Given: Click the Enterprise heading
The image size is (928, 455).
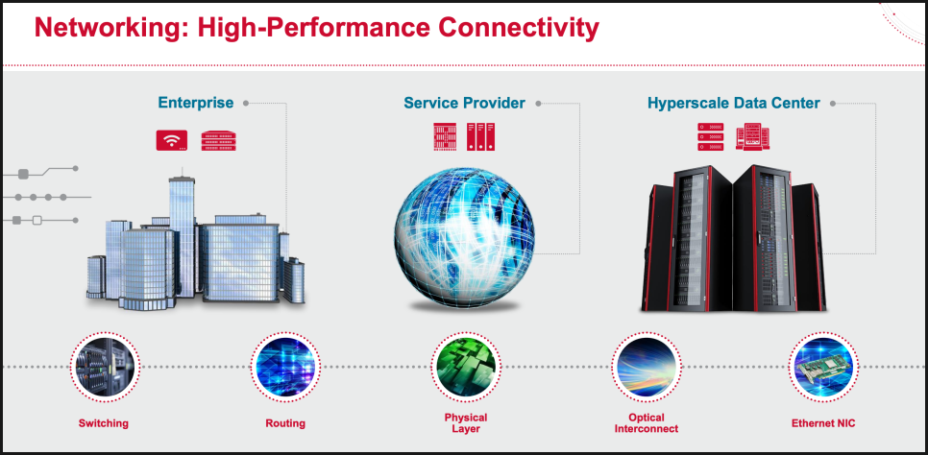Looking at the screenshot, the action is coord(195,103).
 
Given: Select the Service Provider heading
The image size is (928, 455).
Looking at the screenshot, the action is coord(464,103).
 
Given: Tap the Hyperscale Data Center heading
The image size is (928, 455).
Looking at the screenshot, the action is coord(734,103).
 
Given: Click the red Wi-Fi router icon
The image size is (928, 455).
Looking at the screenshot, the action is coord(172,140).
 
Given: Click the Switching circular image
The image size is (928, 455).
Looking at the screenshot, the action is coord(104,367).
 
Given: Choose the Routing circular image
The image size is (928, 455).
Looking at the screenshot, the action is coord(285,367).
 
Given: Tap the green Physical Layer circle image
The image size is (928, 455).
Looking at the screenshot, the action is coord(466,367).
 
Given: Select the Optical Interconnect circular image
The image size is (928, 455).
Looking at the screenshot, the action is coord(646,367).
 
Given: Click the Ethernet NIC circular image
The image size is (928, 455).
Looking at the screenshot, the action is coord(823,367).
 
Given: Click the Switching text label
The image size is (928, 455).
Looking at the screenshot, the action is coord(104,423).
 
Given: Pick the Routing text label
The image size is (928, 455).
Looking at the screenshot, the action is coord(285,423).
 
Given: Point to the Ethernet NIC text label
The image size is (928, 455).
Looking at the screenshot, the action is coord(823,423).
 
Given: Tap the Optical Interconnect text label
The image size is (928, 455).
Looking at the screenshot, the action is coord(647,423).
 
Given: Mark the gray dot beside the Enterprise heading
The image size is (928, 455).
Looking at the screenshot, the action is coord(246,103).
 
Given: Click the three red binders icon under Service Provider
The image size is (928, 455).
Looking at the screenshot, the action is coord(480,136).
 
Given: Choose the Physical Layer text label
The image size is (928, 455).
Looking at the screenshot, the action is coord(466,423).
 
